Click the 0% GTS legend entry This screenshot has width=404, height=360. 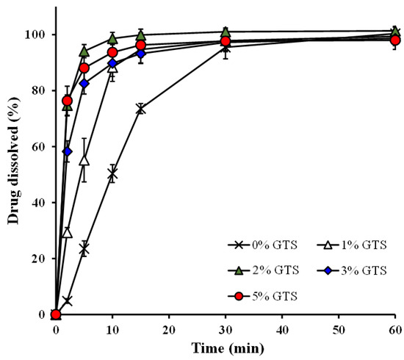click(x=262, y=245)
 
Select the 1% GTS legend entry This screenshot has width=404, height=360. click(x=352, y=245)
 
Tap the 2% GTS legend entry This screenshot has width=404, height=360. click(x=263, y=270)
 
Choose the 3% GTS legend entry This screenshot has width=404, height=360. click(x=352, y=270)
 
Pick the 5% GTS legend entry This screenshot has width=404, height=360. click(x=262, y=296)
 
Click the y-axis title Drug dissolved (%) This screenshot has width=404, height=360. click(x=13, y=161)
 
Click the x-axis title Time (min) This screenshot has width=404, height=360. click(x=228, y=348)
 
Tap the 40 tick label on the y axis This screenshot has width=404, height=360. click(x=39, y=203)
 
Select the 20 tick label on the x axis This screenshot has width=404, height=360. click(x=169, y=330)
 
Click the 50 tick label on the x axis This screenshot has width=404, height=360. click(x=339, y=330)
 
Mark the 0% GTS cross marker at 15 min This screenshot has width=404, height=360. click(x=141, y=109)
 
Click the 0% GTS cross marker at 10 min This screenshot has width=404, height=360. click(x=112, y=174)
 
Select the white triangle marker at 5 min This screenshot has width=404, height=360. click(x=84, y=161)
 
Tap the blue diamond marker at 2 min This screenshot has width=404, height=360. click(x=68, y=151)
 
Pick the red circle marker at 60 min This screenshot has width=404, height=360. click(x=395, y=40)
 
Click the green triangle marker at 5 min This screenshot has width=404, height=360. click(x=84, y=52)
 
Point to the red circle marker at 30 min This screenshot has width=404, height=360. click(x=226, y=41)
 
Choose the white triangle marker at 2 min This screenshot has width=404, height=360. click(x=68, y=233)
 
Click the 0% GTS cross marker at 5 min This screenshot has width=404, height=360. click(x=84, y=249)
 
